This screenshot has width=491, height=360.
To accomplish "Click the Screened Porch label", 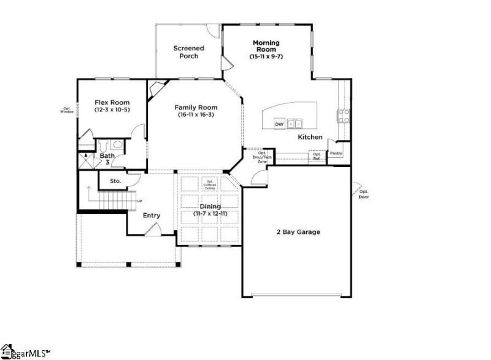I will click(x=188, y=52).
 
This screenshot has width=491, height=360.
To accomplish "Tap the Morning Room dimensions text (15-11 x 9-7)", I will click(x=266, y=57).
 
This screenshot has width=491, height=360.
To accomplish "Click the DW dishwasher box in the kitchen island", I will click(x=279, y=123).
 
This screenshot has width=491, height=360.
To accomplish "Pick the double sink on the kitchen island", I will click(x=296, y=123).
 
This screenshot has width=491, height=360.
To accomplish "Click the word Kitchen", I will click(x=310, y=137).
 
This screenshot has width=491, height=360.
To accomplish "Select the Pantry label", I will click(x=336, y=154).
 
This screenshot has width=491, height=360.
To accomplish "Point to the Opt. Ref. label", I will click(x=317, y=156).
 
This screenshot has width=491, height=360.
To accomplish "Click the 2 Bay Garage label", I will click(x=297, y=232).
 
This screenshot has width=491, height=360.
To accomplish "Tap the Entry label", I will click(x=152, y=215).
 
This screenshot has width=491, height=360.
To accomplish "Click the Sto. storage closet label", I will click(x=115, y=181).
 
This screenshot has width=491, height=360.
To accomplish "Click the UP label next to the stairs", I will click(x=139, y=202).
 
